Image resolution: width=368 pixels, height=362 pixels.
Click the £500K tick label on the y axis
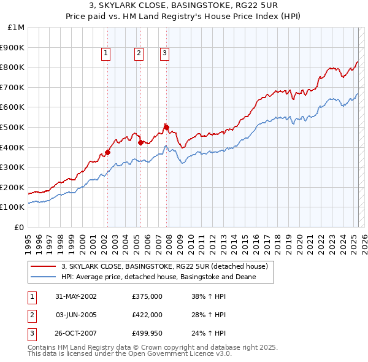tap(12, 127)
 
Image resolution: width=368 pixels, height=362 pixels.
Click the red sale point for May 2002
tap(107, 152)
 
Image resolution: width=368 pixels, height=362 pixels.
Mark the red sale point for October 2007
tap(166, 127)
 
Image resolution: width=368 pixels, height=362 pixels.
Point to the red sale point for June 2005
tap(140, 142)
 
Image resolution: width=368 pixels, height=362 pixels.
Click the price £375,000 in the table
tap(147, 296)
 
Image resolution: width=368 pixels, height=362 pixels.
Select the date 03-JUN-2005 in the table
tap(76, 315)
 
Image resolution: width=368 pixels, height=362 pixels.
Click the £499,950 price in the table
tap(147, 334)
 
